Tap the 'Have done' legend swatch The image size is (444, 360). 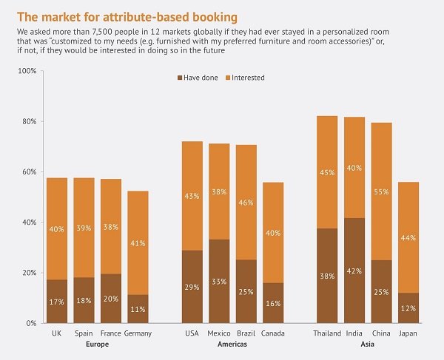pos(180,78)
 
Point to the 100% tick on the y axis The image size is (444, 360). pos(27,71)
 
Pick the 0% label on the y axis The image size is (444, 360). pos(30,323)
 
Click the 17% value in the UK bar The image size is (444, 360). pos(57,302)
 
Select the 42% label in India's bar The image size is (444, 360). pos(354,271)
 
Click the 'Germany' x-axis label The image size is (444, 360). pos(138,334)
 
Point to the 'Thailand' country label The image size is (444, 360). pos(327,334)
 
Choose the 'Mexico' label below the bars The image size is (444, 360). pos(219,334)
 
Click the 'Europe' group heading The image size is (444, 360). pos(97,344)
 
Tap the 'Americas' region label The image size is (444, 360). pos(232,344)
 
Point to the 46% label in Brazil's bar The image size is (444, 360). pos(246,202)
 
